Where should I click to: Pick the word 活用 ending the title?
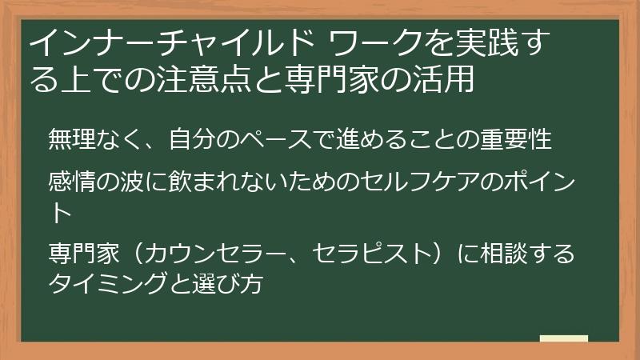[x=449, y=79]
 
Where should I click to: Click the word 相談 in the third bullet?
[x=503, y=254]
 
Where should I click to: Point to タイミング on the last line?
[x=109, y=282]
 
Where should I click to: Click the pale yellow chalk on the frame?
[x=563, y=338]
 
